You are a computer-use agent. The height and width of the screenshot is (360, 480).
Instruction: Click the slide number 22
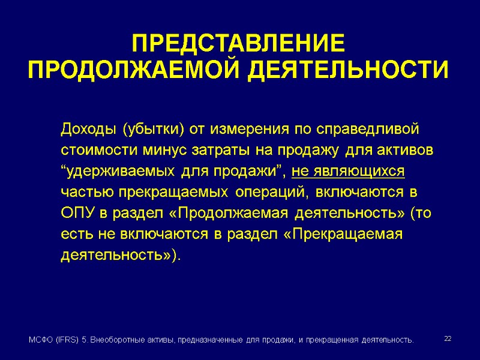coord(448,339)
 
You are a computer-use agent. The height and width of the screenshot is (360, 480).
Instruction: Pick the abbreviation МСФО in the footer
coord(41,340)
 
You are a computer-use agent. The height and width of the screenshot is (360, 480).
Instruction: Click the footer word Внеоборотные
coord(121,340)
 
